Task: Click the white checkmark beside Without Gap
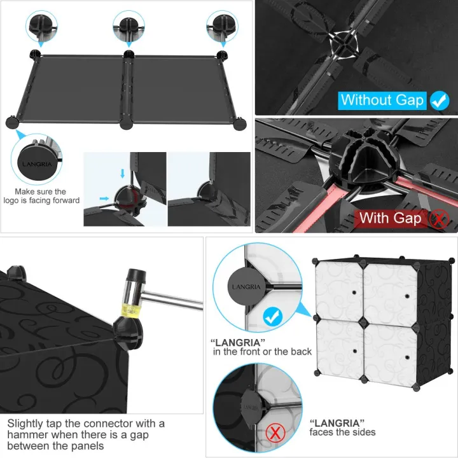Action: click(440, 101)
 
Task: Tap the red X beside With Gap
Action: click(439, 219)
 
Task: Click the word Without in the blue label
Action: click(366, 100)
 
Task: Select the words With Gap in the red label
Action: click(391, 218)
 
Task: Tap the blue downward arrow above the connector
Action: click(122, 173)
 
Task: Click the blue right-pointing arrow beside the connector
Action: click(104, 198)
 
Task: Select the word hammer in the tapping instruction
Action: click(25, 434)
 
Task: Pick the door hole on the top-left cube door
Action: click(354, 293)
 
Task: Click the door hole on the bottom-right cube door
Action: click(407, 357)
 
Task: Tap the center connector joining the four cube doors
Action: click(363, 322)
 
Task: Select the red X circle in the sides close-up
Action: click(275, 433)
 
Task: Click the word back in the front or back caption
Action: click(301, 352)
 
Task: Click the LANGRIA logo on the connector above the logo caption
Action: click(37, 164)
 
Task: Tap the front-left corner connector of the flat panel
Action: click(12, 122)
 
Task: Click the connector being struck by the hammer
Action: click(128, 333)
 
